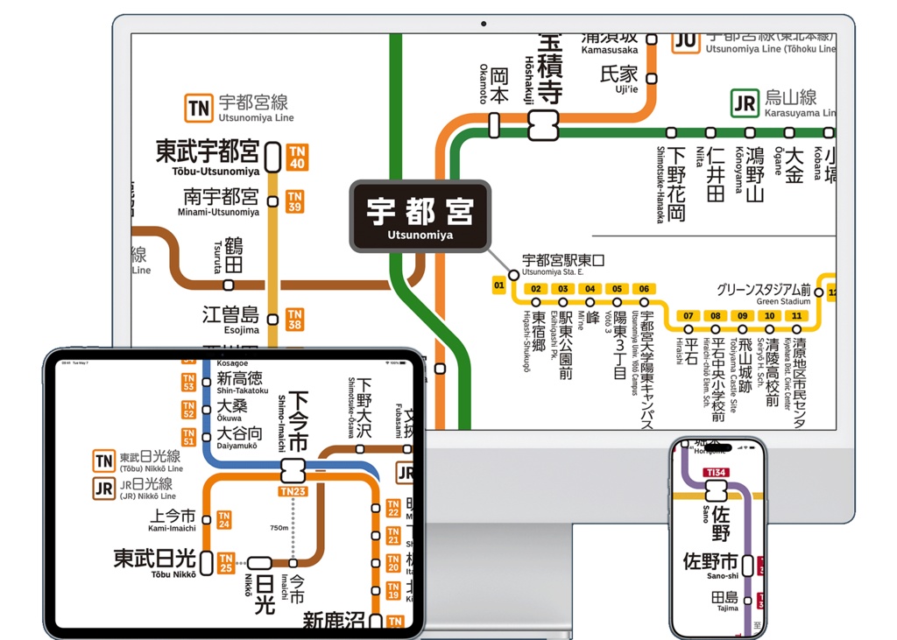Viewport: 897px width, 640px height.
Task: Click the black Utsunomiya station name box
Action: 420,216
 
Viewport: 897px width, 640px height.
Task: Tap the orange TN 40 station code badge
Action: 297,158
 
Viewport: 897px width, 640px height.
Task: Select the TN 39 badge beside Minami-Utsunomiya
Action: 295,201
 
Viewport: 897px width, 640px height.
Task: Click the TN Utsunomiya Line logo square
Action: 199,109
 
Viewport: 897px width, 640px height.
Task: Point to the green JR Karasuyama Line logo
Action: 745,103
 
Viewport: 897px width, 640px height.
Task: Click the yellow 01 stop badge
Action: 499,285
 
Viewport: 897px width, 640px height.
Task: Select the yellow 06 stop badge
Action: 644,289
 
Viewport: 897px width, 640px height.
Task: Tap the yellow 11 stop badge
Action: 796,316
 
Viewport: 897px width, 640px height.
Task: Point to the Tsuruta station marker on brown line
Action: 229,285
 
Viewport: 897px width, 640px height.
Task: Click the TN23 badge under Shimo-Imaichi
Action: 293,492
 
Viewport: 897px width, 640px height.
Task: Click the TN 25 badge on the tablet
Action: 226,563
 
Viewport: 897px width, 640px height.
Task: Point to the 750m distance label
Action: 279,528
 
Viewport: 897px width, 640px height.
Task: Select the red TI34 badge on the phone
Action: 716,474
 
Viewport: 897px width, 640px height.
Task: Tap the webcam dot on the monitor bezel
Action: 483,23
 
